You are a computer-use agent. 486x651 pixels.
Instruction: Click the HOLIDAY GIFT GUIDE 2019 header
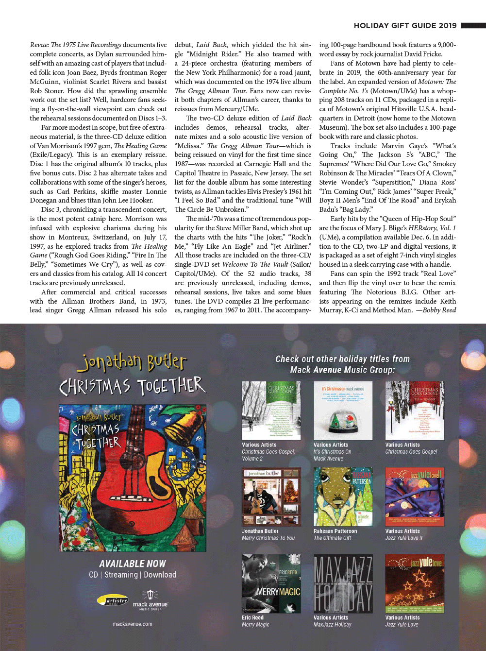pos(405,26)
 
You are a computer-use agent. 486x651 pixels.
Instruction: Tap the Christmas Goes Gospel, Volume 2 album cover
pos(271,411)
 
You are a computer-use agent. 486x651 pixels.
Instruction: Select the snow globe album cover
pos(343,411)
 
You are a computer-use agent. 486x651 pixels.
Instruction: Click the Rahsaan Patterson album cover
pos(343,497)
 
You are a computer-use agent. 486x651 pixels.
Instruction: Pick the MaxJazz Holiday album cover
pos(343,583)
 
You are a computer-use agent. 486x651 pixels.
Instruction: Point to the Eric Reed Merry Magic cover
pos(271,583)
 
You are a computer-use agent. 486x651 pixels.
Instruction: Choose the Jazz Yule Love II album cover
pos(415,497)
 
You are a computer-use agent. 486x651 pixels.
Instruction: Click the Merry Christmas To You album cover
pos(271,497)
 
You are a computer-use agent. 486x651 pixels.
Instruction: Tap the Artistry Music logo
pos(113,600)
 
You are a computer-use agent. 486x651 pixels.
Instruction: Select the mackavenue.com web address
pos(132,624)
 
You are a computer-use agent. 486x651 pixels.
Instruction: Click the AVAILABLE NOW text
pos(132,564)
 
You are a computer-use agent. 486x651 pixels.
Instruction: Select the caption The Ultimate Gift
pos(333,538)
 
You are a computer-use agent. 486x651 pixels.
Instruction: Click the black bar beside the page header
pos(473,26)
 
